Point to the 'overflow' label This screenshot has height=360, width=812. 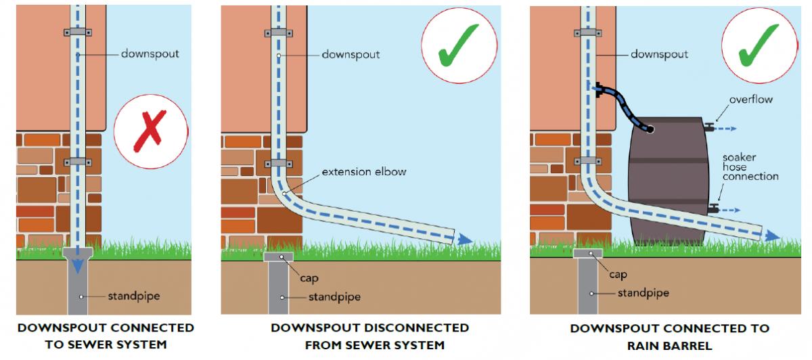[x=751, y=99]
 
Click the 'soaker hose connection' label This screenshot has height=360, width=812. [x=750, y=166]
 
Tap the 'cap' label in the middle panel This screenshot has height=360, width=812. [x=311, y=277]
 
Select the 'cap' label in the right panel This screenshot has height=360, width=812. [x=618, y=275]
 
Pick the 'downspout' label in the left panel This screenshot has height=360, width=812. [x=150, y=53]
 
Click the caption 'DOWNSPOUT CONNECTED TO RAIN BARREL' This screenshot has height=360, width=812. [x=669, y=337]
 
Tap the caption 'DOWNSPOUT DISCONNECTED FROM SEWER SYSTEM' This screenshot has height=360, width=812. [x=369, y=336]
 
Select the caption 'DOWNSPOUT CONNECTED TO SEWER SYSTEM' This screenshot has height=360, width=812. [x=106, y=336]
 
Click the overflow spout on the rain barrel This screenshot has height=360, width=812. [x=708, y=127]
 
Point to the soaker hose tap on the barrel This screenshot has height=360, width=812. [x=713, y=209]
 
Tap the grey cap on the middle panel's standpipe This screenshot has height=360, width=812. [x=278, y=256]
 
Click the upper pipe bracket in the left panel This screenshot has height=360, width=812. [x=78, y=32]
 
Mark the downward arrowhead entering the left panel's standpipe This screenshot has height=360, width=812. [x=78, y=265]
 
